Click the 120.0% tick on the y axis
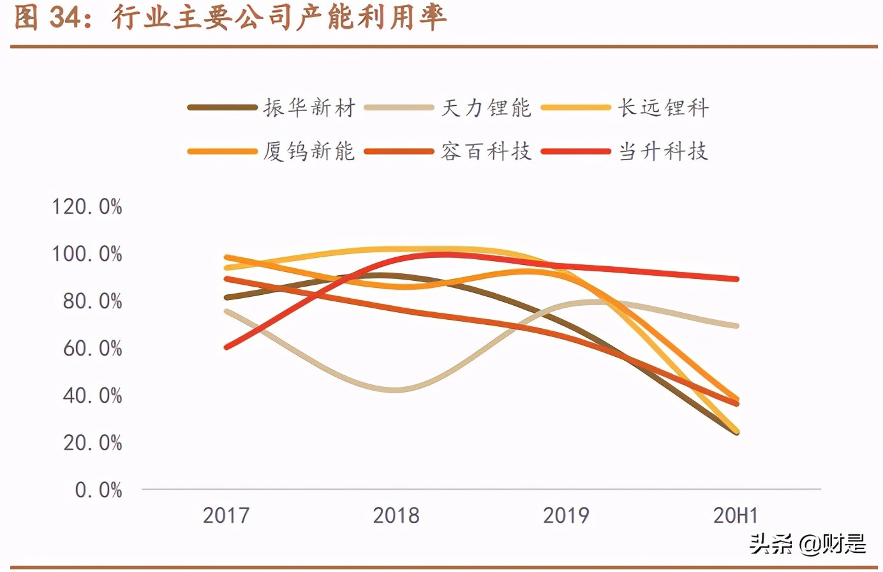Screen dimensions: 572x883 point(87,207)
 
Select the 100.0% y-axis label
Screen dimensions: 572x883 point(87,254)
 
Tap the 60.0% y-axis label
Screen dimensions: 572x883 point(92,349)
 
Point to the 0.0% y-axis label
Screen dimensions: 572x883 point(98,490)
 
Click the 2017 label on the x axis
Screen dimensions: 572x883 point(226,515)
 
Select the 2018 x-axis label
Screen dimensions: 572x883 point(396,515)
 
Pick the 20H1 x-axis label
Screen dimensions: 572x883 point(736,515)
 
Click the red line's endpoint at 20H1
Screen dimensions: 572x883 point(737,279)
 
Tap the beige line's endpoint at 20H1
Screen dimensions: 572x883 point(737,326)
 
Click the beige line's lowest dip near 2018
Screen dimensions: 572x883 point(396,389)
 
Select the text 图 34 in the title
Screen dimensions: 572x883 point(47,18)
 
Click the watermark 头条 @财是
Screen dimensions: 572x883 point(807,544)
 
